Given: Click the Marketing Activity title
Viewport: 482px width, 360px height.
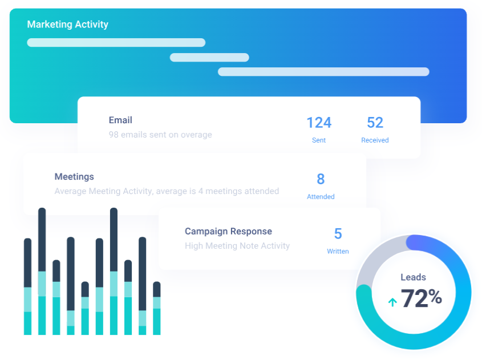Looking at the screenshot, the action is coord(68,25).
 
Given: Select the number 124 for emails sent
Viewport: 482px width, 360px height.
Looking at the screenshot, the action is coord(319,123).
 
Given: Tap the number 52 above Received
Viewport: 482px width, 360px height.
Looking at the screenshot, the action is coord(375,123).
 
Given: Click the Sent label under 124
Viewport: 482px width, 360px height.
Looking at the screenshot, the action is coord(319,140).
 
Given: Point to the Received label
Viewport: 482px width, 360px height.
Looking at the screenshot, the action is coord(375,140).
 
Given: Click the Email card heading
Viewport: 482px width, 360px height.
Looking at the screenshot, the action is coord(120,120).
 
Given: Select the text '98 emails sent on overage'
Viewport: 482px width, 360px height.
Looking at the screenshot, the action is coord(160,135).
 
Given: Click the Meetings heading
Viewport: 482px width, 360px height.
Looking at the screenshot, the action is coord(74,177).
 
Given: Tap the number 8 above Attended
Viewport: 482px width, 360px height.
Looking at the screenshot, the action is coord(321,179).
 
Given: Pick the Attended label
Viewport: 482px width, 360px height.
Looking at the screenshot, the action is coord(321,197).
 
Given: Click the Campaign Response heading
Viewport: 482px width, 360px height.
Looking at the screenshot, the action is coord(228,232).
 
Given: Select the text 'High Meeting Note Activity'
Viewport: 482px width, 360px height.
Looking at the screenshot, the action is coord(237,246).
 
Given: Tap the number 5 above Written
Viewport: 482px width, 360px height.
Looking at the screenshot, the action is coord(338,234).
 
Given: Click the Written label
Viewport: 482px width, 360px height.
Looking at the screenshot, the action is coord(338,252).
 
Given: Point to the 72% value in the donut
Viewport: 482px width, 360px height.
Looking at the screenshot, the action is coord(422,298).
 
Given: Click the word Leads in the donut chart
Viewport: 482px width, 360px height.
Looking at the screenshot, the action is coord(413,277).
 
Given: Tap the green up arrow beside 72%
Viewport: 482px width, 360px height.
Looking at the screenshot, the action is coord(392,302).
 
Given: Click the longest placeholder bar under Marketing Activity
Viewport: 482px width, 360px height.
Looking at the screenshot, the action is coord(323,72).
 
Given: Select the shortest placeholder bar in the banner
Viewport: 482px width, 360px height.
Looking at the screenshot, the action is coord(209,58).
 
